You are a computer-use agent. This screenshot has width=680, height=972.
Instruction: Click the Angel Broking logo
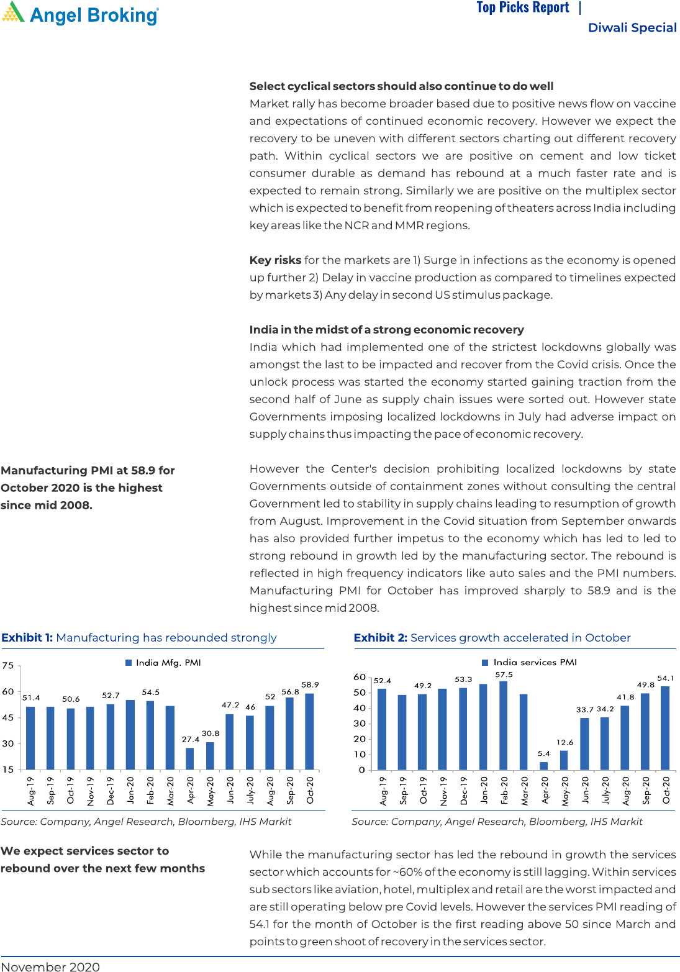81,14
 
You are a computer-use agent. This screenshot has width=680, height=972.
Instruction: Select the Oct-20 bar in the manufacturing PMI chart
309,731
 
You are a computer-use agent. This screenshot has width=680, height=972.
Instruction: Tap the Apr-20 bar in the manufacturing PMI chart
190,758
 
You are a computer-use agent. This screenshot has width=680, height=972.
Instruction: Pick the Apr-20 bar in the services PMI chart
544,766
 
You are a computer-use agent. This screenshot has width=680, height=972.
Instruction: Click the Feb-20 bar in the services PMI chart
504,725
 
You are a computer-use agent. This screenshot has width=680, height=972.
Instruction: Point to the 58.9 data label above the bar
310,684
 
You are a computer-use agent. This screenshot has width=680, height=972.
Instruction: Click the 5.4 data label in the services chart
544,753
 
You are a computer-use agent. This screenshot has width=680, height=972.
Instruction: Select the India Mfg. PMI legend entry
163,663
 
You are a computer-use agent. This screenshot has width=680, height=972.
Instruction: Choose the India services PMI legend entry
529,662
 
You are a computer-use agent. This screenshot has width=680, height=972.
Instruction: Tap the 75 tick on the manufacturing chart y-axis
7,665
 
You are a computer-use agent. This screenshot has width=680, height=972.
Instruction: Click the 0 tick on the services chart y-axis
362,770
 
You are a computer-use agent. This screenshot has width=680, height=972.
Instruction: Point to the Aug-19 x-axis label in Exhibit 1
31,791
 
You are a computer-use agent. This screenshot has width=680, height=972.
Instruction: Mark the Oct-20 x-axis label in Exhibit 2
666,790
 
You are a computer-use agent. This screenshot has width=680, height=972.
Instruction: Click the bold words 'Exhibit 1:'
27,638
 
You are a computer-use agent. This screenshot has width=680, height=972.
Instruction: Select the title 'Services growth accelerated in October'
520,638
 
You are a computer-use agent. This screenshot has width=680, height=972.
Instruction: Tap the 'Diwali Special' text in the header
632,27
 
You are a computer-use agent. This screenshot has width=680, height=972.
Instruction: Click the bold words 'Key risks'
275,260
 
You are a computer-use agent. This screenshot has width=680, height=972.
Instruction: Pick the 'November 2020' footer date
50,966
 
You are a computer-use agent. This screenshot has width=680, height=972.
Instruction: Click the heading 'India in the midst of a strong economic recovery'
386,330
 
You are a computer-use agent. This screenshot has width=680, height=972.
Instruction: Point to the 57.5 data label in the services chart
504,674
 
